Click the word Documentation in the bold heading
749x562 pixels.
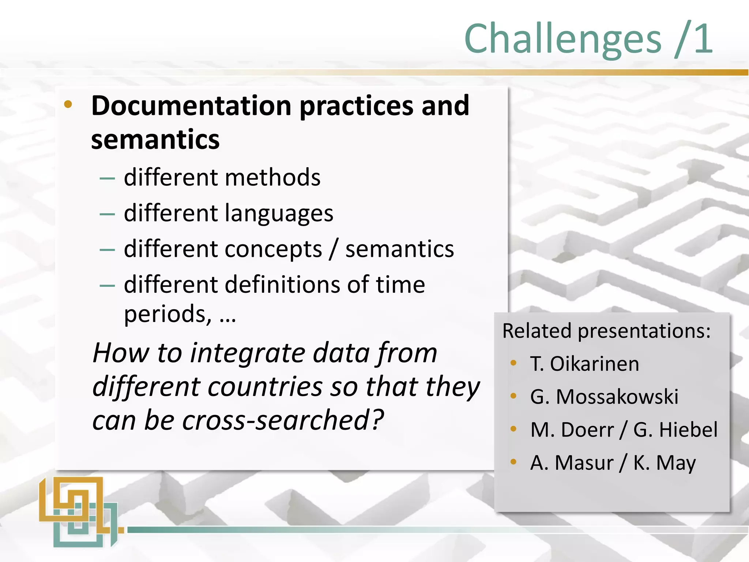click(x=191, y=106)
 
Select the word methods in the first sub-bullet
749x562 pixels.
click(x=272, y=178)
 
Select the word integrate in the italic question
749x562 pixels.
click(x=248, y=353)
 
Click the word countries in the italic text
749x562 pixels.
click(x=266, y=387)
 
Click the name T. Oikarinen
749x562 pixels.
click(x=584, y=364)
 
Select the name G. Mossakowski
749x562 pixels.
click(x=604, y=397)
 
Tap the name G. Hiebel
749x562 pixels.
click(x=675, y=430)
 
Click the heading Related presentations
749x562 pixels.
click(x=606, y=331)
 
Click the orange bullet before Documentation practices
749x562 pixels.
click(x=68, y=105)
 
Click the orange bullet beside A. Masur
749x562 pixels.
click(x=513, y=462)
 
